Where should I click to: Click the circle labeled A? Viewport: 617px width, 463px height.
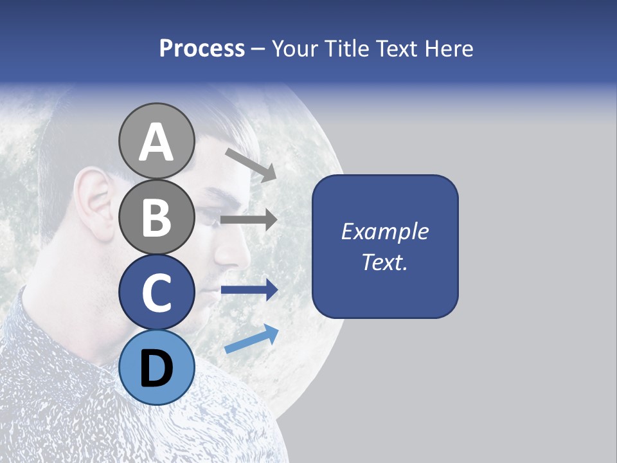pos(156,141)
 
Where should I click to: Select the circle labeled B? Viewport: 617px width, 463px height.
pos(156,217)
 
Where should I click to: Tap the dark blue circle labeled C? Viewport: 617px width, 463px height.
pos(156,293)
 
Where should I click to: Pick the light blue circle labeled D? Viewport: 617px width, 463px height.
pos(156,368)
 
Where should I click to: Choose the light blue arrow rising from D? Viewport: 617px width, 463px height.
pos(251,339)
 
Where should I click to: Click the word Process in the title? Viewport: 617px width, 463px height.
pos(202,48)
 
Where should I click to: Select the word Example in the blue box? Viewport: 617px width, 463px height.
pos(384,232)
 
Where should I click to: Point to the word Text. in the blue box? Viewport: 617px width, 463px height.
pos(384,262)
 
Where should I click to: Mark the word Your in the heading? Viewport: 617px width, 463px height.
pos(294,48)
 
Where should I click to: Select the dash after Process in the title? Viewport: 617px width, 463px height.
pos(258,50)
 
